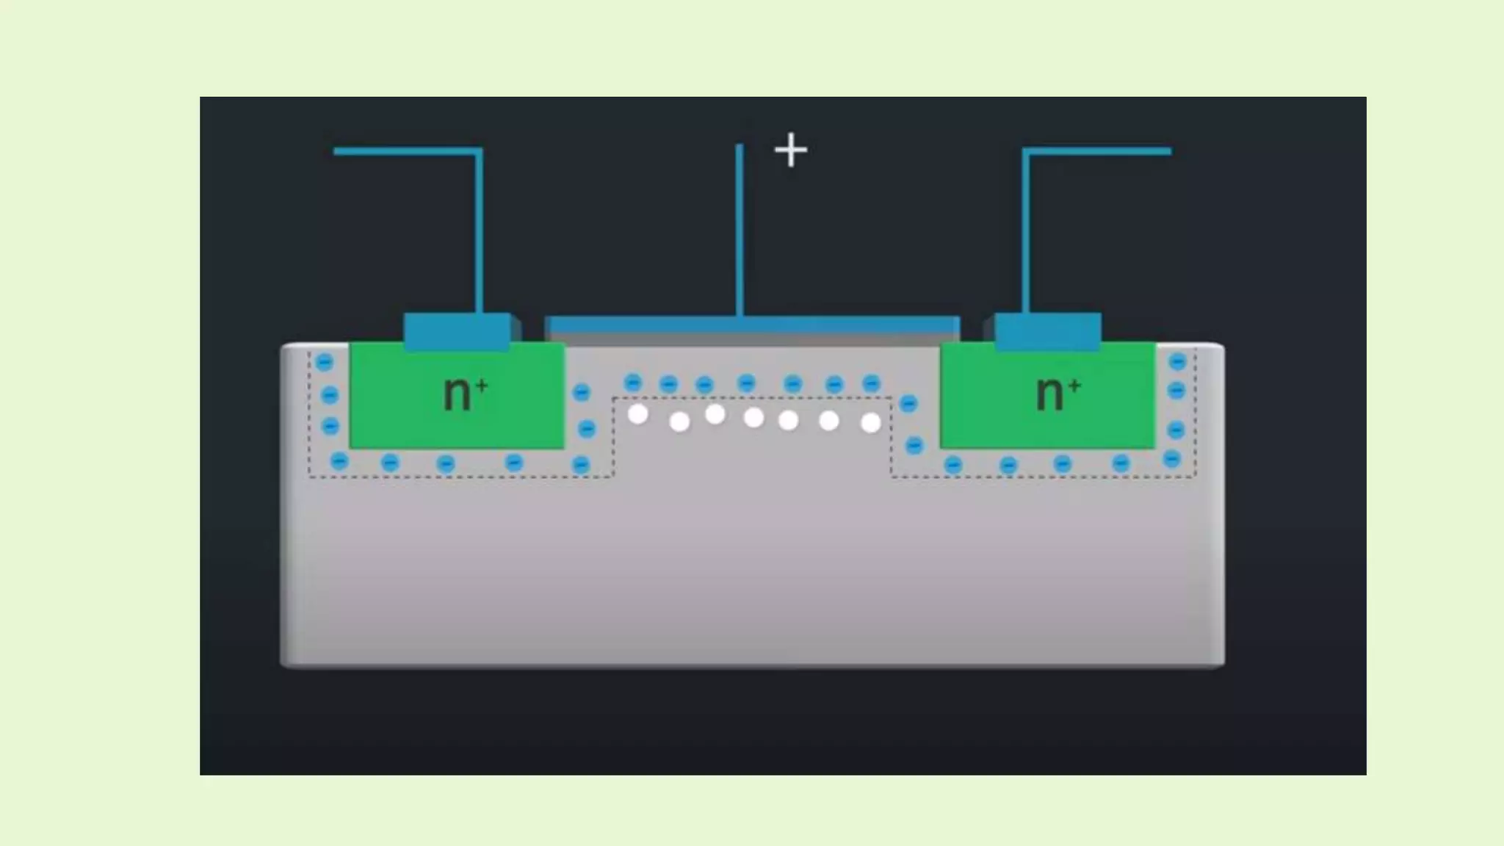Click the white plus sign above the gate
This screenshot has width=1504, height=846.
click(791, 150)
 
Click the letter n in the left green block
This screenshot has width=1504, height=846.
click(457, 394)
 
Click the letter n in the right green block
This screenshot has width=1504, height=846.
click(1049, 394)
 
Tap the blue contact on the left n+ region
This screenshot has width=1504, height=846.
click(457, 330)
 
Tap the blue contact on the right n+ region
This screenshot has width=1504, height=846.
click(1048, 330)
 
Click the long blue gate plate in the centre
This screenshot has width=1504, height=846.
click(752, 325)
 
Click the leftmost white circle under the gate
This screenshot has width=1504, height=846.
click(638, 415)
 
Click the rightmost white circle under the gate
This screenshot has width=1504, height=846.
click(871, 423)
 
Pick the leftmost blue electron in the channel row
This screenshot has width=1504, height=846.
click(632, 383)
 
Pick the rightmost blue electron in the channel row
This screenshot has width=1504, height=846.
click(871, 383)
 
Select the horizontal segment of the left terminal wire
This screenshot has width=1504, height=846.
click(408, 151)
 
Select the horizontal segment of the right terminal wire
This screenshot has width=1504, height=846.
click(1097, 151)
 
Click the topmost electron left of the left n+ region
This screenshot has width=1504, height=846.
click(324, 361)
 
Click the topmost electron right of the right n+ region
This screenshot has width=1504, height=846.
click(1177, 361)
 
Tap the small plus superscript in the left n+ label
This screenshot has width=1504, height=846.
click(482, 385)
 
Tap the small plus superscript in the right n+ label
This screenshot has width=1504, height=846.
click(1074, 385)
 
